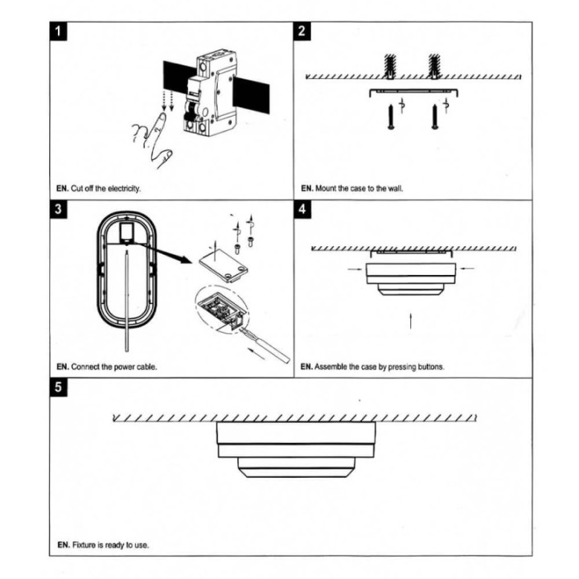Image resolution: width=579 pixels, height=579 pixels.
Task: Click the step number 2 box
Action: tap(302, 32)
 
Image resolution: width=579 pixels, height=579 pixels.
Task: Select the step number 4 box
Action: tap(302, 211)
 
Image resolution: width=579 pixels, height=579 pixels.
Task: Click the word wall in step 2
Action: tap(395, 188)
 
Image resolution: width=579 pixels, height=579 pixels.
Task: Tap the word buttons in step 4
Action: tap(429, 367)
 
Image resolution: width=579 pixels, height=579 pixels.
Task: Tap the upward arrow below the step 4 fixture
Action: tap(411, 322)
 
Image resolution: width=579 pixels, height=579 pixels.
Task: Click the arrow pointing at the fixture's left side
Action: tap(355, 269)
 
